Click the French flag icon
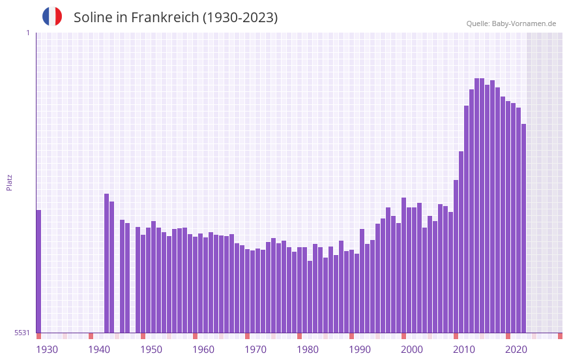click(x=52, y=16)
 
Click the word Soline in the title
click(x=93, y=18)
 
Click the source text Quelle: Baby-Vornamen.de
click(x=511, y=23)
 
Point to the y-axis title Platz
click(x=9, y=182)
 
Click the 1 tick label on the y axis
click(x=27, y=33)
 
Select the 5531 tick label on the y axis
click(x=22, y=333)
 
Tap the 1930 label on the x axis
click(x=47, y=350)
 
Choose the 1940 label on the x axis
click(x=99, y=350)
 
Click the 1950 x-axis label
click(x=151, y=350)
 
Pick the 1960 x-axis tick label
click(x=203, y=350)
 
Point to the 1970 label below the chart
click(x=255, y=350)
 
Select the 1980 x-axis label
click(x=308, y=350)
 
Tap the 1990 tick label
click(x=360, y=350)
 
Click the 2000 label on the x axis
click(x=412, y=350)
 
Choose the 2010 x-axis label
click(x=464, y=350)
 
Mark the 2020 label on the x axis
click(x=516, y=350)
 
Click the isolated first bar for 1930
click(x=38, y=271)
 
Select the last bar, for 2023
click(x=523, y=228)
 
